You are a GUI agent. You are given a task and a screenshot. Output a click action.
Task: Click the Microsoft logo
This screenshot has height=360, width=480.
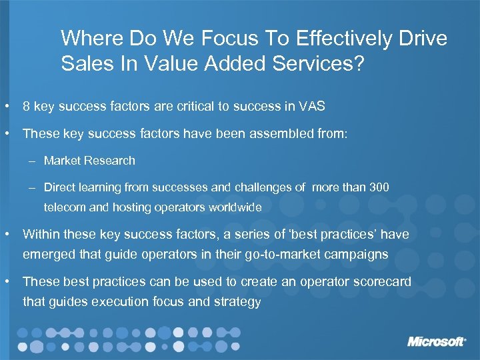(x=437, y=341)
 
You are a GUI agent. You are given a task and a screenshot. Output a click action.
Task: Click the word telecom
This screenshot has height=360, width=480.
(x=65, y=207)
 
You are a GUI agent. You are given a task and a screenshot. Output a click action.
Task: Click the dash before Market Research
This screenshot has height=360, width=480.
(x=33, y=161)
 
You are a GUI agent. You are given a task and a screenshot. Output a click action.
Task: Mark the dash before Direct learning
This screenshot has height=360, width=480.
(x=33, y=188)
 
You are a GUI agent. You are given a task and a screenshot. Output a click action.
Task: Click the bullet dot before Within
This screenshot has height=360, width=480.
(x=6, y=235)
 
